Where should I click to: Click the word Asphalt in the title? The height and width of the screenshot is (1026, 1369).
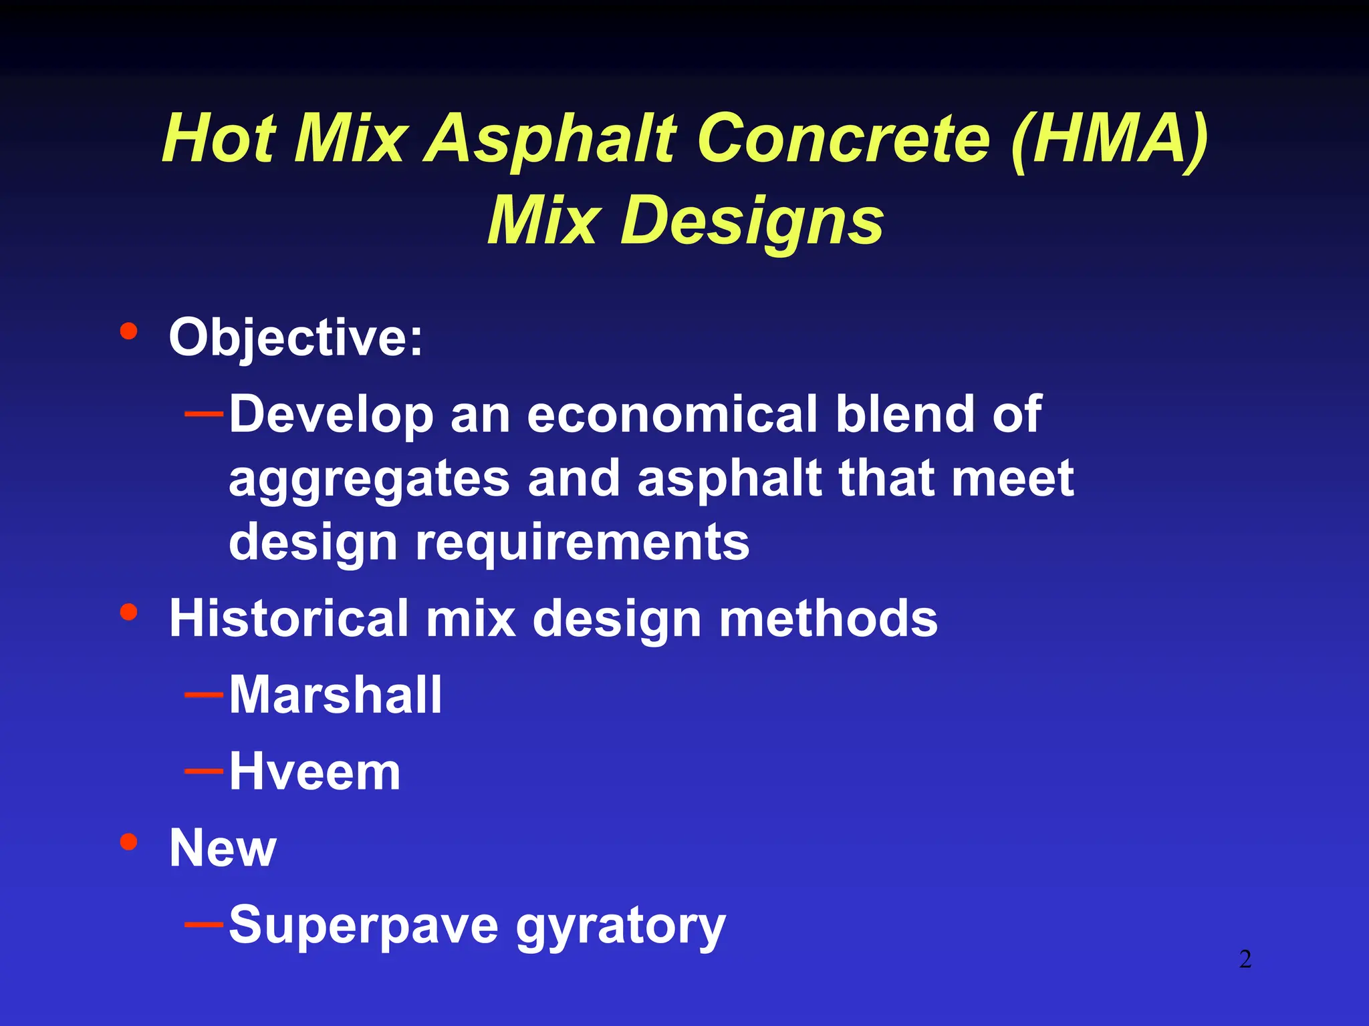pyautogui.click(x=551, y=139)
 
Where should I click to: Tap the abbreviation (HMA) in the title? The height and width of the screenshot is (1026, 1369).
pyautogui.click(x=1110, y=139)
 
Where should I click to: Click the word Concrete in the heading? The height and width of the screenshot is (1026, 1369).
pyautogui.click(x=844, y=139)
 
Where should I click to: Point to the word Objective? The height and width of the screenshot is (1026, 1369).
pyautogui.click(x=295, y=338)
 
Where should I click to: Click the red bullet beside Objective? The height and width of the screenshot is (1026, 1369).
pyautogui.click(x=128, y=331)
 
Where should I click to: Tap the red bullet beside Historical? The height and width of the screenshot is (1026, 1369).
pyautogui.click(x=128, y=612)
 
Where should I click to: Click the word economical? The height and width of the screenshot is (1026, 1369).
pyautogui.click(x=672, y=414)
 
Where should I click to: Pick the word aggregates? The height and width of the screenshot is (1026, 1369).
pyautogui.click(x=370, y=480)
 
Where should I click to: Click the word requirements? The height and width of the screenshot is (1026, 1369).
pyautogui.click(x=582, y=542)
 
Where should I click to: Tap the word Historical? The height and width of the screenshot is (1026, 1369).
pyautogui.click(x=289, y=619)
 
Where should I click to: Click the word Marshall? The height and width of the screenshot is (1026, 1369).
pyautogui.click(x=336, y=695)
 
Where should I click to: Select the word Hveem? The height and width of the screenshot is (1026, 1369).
pyautogui.click(x=315, y=772)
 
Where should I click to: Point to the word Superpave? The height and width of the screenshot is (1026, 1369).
pyautogui.click(x=364, y=926)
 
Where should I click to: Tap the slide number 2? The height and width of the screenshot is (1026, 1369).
pyautogui.click(x=1245, y=959)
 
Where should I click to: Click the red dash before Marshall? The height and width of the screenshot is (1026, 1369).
pyautogui.click(x=204, y=695)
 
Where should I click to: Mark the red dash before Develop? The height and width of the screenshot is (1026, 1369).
pyautogui.click(x=204, y=414)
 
